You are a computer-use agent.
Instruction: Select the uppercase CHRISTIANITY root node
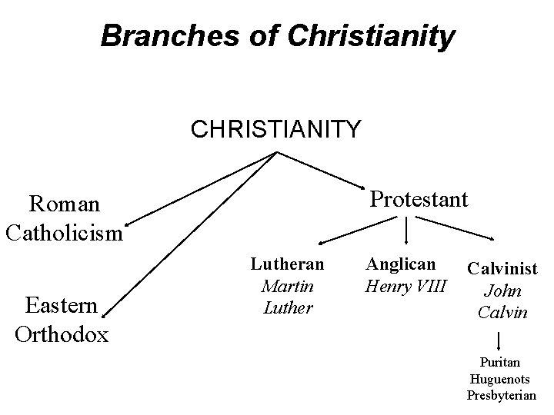pos(275,128)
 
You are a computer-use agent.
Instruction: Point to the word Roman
pos(64,204)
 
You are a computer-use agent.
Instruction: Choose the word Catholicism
pos(64,231)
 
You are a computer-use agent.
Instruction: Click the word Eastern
pos(62,306)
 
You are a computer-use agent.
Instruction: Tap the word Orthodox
pos(62,334)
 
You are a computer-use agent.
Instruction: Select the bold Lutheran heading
pos(287,264)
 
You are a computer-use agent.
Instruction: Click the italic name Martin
pos(287,286)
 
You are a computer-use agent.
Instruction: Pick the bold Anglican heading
pos(401,264)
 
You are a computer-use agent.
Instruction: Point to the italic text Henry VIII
pos(406,286)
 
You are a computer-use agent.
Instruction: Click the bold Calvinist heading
pos(501,269)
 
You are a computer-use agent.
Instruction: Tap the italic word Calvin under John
pos(502,313)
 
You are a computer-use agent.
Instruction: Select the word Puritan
pos(500,362)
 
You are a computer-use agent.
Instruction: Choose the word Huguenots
pos(500,379)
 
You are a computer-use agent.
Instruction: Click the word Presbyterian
pos(501,396)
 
